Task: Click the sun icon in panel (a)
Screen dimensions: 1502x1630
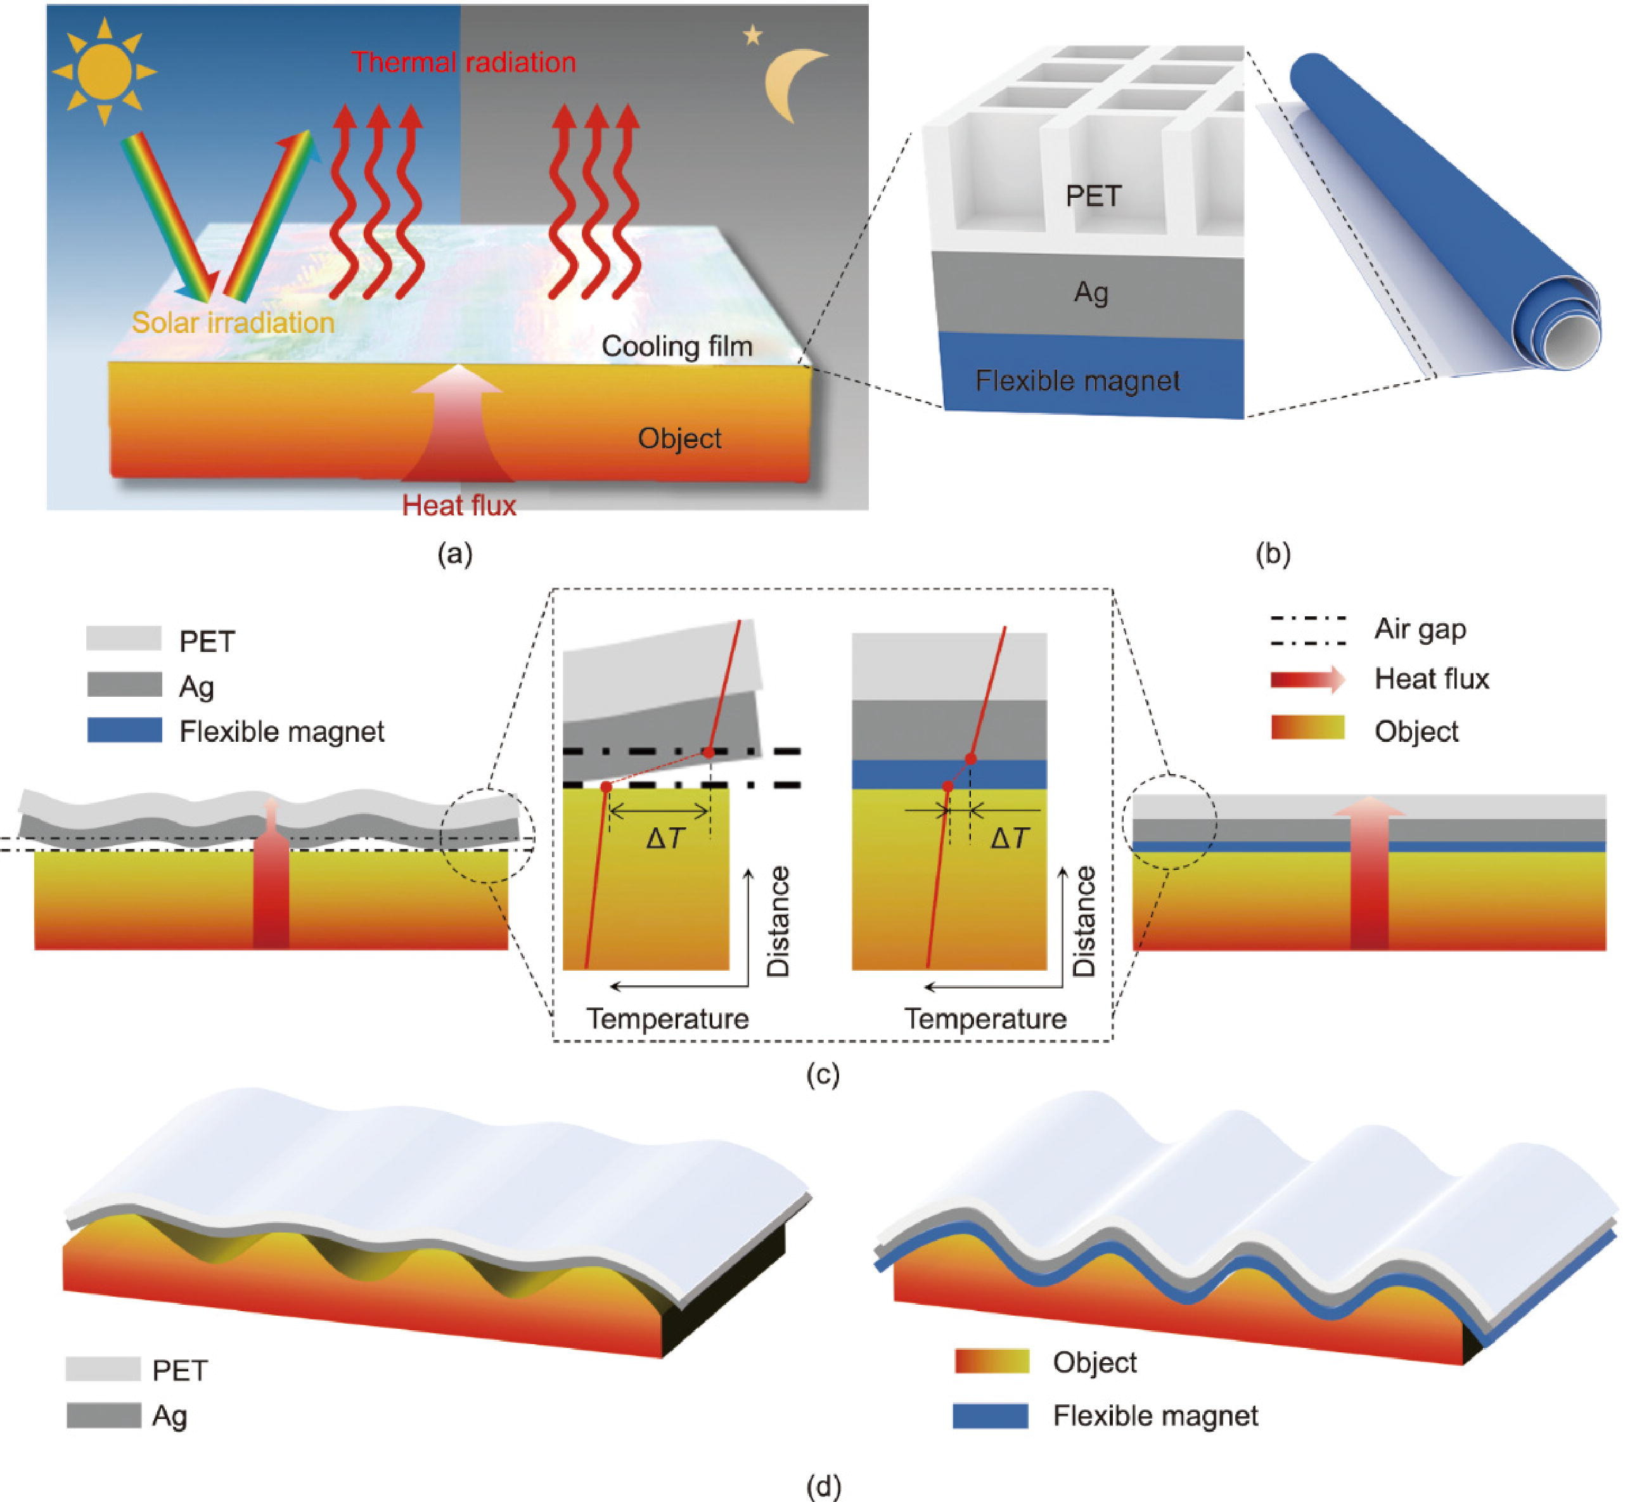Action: tap(105, 72)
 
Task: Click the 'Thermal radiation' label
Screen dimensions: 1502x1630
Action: tap(463, 63)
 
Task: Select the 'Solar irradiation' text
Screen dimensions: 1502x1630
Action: tap(233, 323)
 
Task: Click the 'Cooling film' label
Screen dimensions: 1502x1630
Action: tap(677, 346)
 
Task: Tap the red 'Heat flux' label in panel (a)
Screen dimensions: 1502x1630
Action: tap(459, 505)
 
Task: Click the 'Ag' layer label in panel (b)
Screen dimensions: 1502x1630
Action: tap(1091, 292)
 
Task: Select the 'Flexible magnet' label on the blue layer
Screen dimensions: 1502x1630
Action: tap(1077, 380)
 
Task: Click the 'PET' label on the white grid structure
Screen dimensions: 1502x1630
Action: tap(1093, 196)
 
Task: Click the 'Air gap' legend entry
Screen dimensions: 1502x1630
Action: tap(1420, 630)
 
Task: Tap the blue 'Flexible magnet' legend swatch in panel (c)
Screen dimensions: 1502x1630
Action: tap(124, 730)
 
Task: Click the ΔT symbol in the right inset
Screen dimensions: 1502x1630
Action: tap(1010, 839)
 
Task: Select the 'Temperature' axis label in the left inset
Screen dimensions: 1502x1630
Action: tap(667, 1018)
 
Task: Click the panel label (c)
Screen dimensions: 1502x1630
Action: tap(823, 1075)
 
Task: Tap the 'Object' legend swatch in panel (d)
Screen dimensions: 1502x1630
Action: tap(991, 1361)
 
